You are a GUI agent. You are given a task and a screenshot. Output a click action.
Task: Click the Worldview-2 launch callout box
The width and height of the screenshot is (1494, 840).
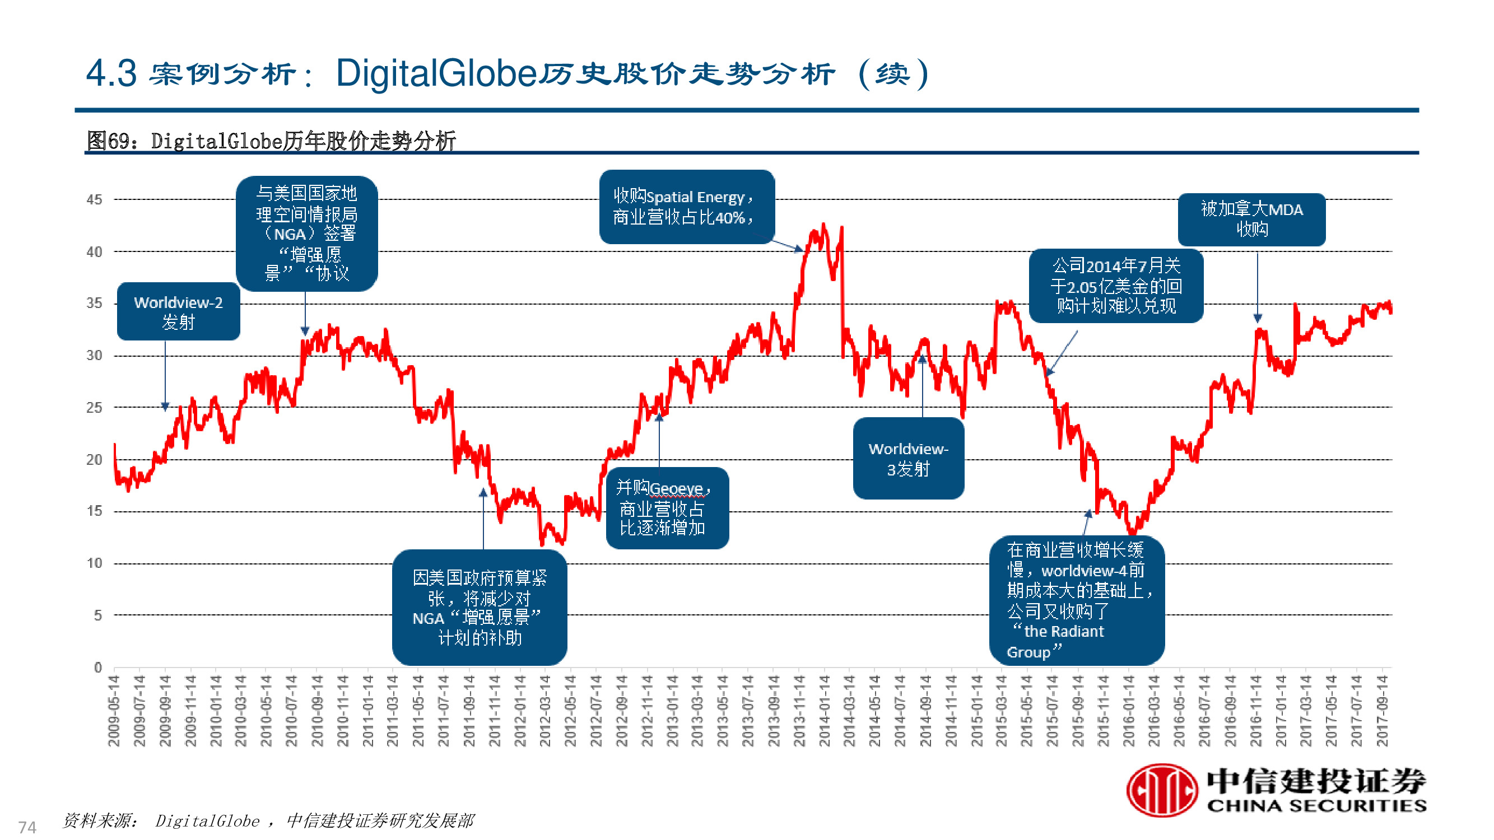[x=178, y=311]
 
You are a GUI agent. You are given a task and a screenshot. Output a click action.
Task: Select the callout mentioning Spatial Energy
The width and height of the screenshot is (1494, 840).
[x=686, y=207]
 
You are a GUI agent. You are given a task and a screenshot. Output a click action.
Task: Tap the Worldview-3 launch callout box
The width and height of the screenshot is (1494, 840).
[x=908, y=458]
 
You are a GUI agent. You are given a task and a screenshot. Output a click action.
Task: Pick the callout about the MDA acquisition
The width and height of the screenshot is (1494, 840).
[x=1251, y=219]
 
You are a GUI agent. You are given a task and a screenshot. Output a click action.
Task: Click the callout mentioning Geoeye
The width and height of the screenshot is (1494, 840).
[x=667, y=508]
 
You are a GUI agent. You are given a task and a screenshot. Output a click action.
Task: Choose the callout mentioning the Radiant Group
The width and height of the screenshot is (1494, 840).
[x=1077, y=600]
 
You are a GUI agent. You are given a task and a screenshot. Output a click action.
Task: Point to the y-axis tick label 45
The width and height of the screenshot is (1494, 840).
[x=94, y=199]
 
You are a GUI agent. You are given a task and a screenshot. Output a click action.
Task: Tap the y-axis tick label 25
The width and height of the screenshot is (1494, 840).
[x=94, y=408]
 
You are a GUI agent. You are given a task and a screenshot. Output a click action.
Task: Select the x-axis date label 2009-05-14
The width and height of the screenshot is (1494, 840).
[x=114, y=710]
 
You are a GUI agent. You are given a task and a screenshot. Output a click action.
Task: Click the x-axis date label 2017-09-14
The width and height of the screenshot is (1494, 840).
[x=1383, y=710]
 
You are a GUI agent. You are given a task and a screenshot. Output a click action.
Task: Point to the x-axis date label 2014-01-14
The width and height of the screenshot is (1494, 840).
[x=824, y=710]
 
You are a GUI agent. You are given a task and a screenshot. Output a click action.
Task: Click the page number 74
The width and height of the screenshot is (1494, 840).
[x=27, y=827]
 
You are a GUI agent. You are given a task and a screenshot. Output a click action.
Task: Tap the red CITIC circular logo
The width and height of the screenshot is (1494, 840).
[x=1162, y=790]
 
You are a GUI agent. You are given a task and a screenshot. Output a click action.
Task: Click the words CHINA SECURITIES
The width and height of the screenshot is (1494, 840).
[x=1316, y=806]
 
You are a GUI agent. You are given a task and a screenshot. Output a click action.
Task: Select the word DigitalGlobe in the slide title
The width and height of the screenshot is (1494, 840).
[x=436, y=73]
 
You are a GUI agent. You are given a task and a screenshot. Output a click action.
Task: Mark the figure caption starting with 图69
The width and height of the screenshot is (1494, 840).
[x=271, y=141]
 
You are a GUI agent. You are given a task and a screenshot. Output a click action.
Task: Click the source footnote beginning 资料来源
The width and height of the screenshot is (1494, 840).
[x=268, y=820]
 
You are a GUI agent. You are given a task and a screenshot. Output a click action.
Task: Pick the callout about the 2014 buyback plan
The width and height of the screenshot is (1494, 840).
[x=1115, y=286]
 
